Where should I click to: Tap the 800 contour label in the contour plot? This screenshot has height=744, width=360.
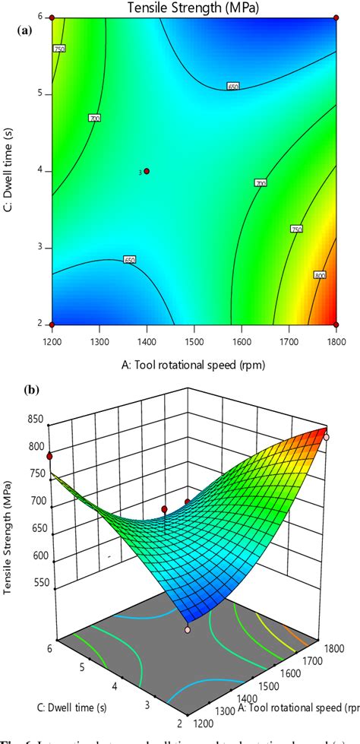point(319,275)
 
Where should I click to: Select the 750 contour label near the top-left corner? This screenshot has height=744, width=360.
point(59,49)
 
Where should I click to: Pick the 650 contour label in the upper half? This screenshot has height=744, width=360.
point(233,87)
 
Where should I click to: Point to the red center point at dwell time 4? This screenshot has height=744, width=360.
point(147,171)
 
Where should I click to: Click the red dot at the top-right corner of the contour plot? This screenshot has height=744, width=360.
point(336,17)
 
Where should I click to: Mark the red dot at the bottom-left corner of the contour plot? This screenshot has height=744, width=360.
point(52,325)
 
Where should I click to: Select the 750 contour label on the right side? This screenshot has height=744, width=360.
point(296,229)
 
